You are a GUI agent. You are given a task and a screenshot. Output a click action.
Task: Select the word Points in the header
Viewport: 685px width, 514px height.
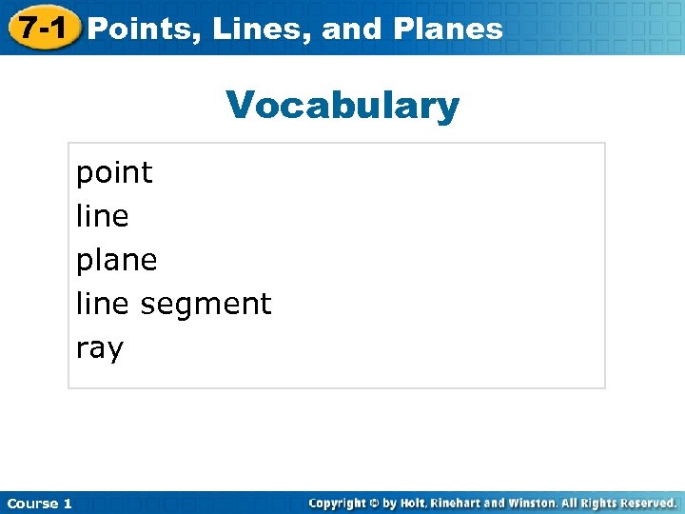tap(143, 29)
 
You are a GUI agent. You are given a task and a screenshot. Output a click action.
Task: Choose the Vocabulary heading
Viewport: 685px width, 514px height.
tap(342, 106)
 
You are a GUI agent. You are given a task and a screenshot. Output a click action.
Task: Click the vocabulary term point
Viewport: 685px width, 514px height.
tap(114, 172)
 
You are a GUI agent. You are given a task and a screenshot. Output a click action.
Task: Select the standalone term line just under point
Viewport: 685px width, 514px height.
tap(102, 216)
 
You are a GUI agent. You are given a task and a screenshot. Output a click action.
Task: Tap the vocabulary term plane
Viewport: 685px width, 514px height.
tap(116, 260)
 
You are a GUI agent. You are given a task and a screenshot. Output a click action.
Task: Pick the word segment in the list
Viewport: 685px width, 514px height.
tap(205, 305)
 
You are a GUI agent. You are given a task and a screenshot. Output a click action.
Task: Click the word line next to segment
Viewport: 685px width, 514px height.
tap(102, 304)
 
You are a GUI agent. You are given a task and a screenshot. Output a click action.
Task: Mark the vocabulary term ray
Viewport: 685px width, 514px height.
tap(100, 348)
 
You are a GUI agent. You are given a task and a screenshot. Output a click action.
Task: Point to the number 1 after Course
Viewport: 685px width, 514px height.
tap(68, 504)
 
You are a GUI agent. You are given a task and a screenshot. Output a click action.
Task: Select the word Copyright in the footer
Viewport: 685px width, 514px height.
tap(340, 503)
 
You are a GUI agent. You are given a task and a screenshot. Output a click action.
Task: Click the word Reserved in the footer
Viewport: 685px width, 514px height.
tap(648, 503)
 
